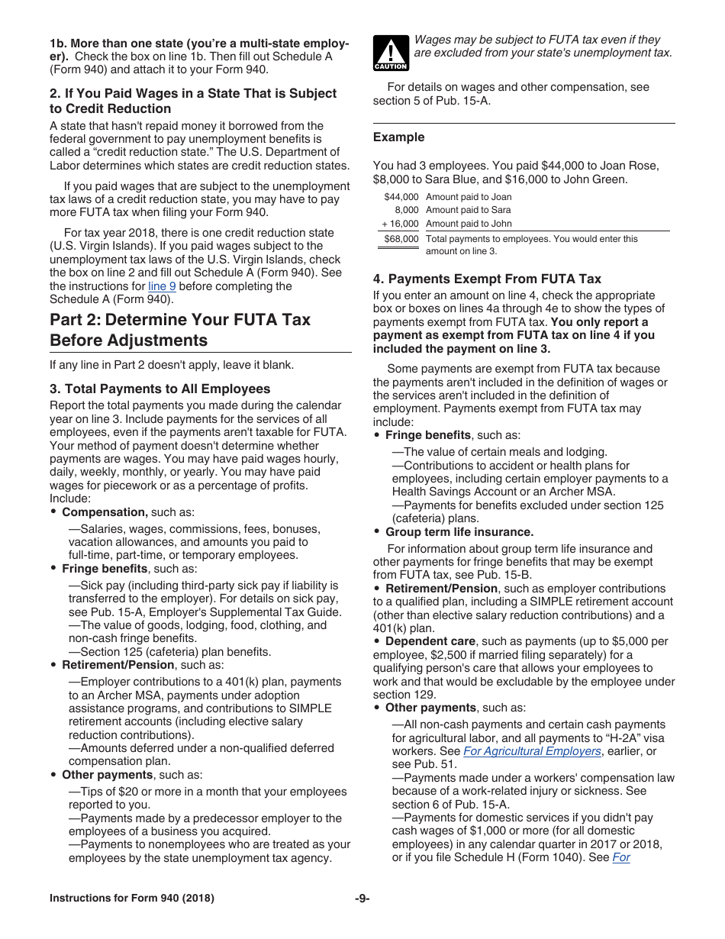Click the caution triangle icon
point(391,53)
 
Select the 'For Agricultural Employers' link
point(532,751)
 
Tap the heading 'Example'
point(398,137)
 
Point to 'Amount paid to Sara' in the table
point(468,210)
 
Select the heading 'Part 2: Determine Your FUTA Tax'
point(180,320)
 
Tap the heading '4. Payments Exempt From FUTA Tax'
point(487,279)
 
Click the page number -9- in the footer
point(362,899)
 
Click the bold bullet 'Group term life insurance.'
point(459,532)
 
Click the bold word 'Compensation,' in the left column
point(105,512)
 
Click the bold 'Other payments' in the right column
point(430,708)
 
